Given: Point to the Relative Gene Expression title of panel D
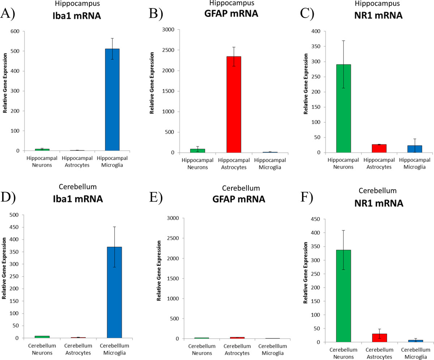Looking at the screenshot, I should (4, 268).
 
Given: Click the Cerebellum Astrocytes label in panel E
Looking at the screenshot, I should (237, 350).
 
